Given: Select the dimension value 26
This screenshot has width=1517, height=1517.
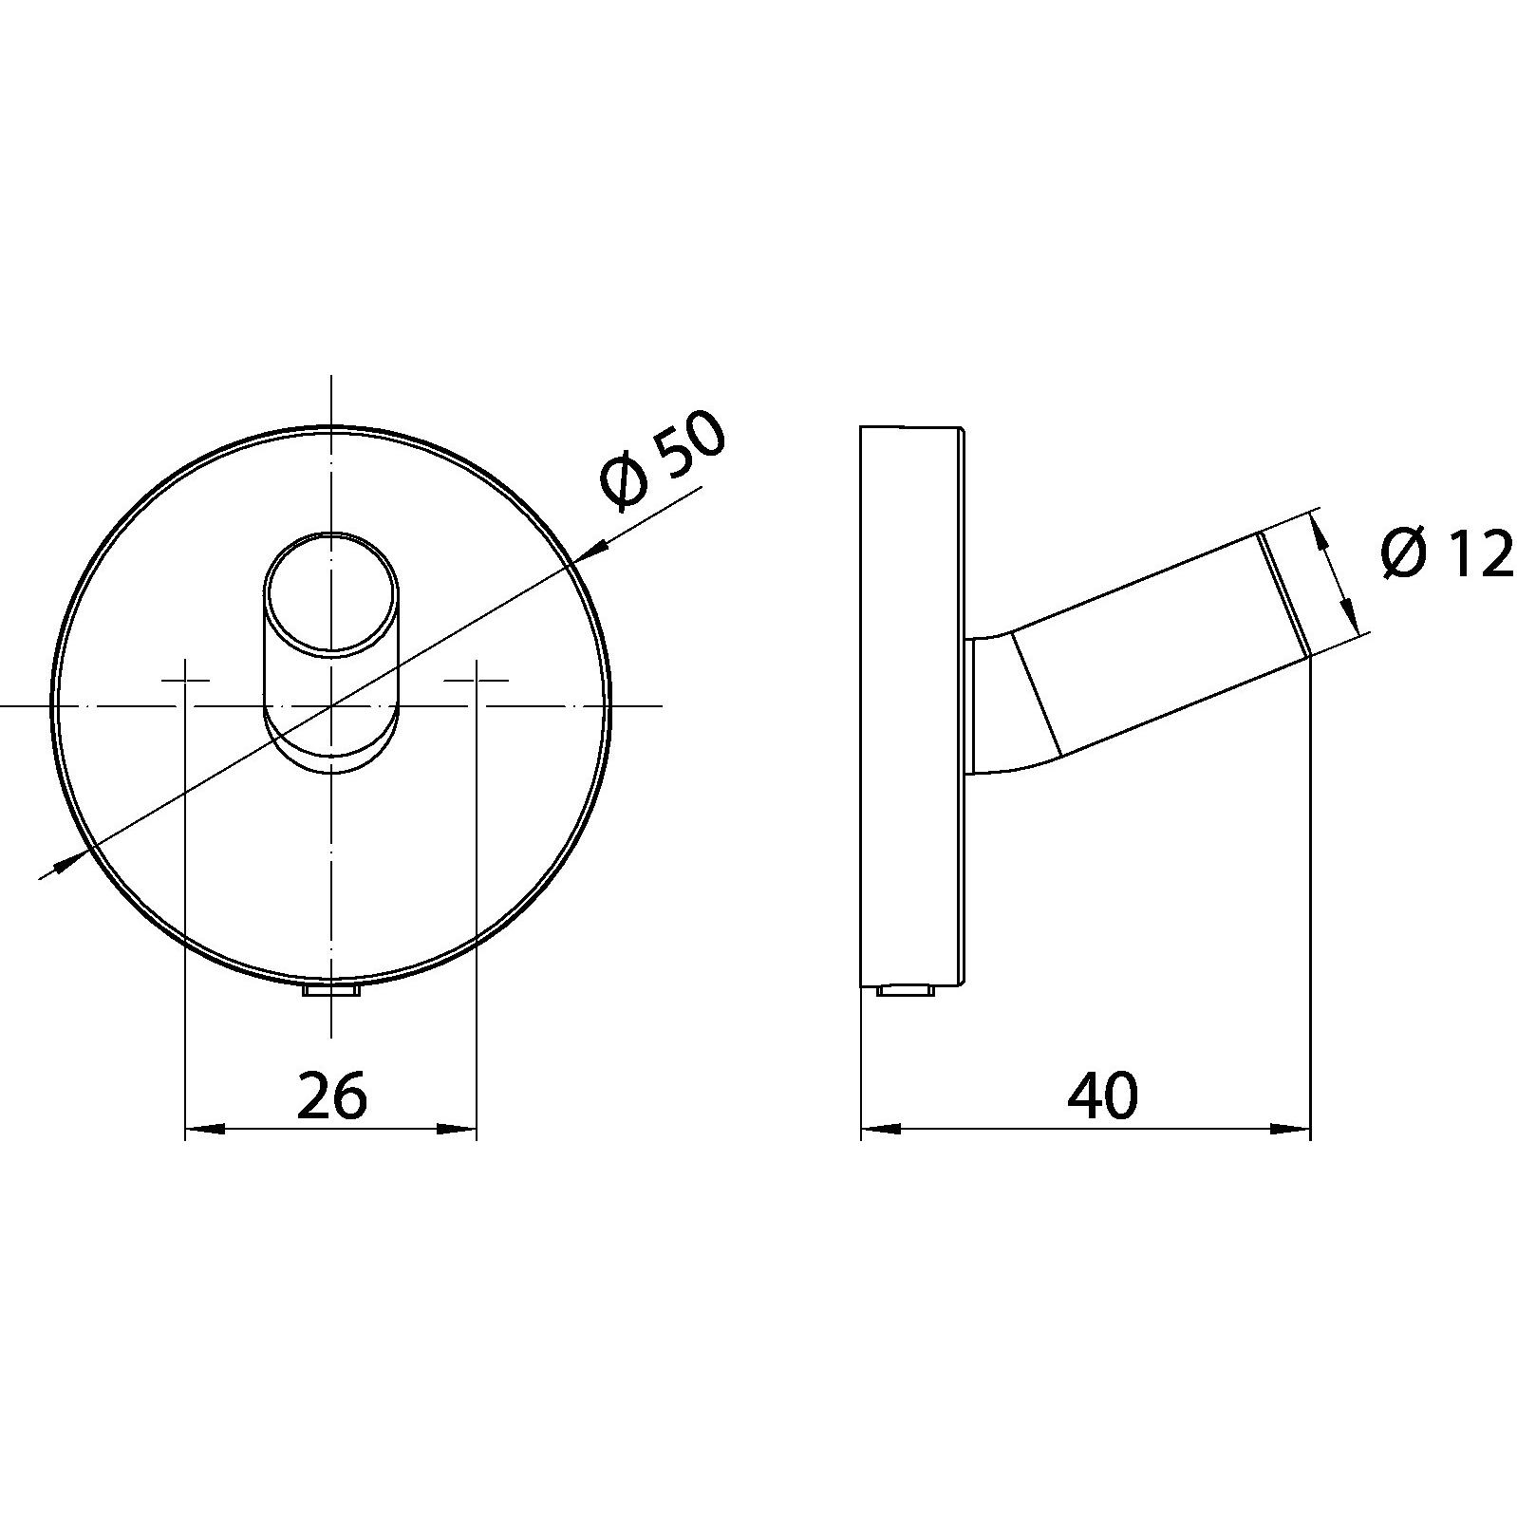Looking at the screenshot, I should click(x=331, y=1096).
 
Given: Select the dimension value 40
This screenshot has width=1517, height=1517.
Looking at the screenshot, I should click(x=1101, y=1096).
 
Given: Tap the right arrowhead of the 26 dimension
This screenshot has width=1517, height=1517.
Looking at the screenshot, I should click(x=457, y=1129).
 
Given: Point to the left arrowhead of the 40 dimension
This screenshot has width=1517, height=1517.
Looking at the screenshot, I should click(x=879, y=1129).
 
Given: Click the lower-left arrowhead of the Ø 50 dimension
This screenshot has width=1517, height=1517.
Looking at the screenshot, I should click(x=65, y=861).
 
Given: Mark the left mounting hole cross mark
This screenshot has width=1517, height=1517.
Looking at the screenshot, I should click(x=184, y=680).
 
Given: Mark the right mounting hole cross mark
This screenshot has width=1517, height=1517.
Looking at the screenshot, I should click(x=477, y=680).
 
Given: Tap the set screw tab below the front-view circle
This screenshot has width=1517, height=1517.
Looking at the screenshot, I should click(x=330, y=991).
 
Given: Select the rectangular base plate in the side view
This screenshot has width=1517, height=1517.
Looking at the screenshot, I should click(x=911, y=706).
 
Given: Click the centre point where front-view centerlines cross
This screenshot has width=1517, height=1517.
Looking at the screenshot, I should click(x=330, y=706).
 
